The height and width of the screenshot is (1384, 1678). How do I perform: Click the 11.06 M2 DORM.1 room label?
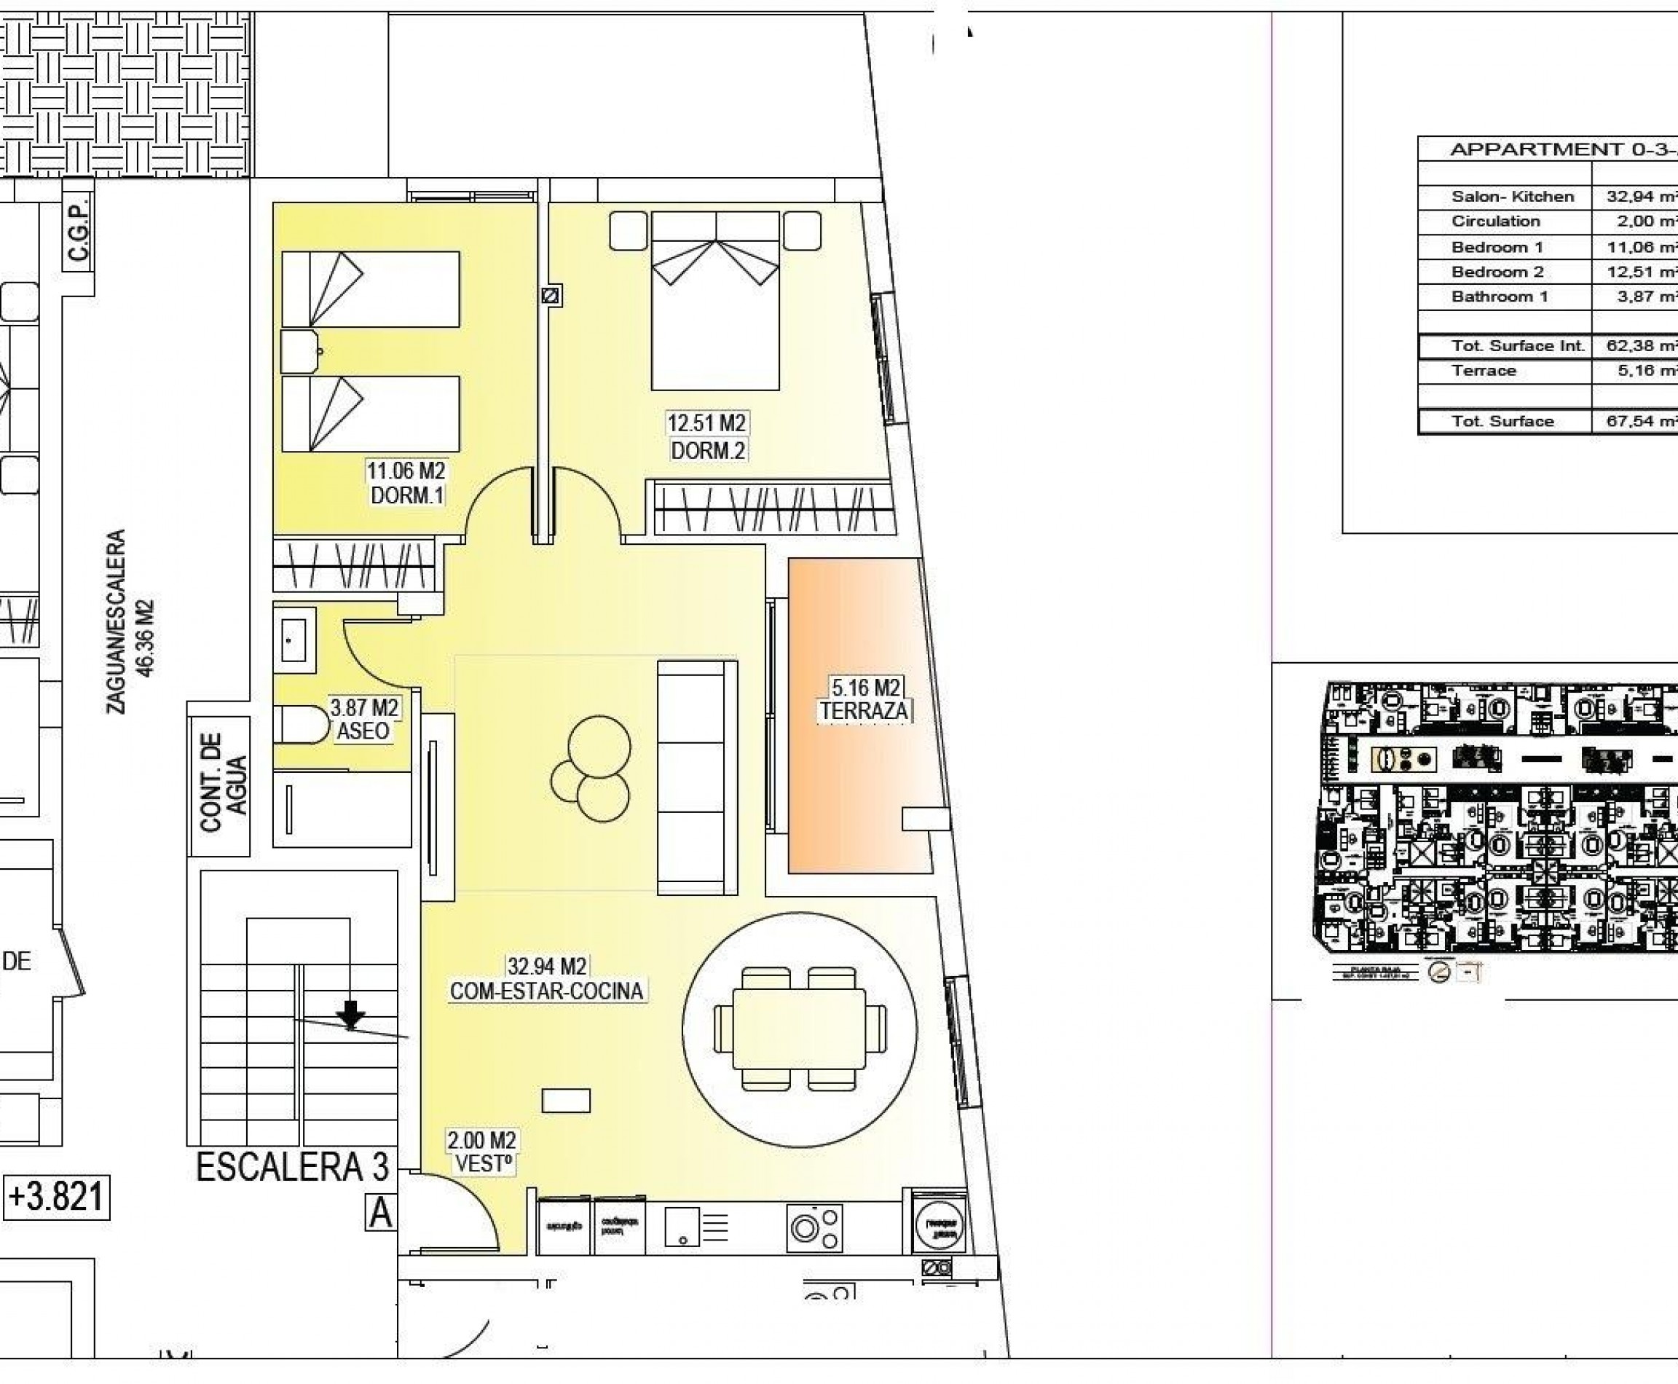(406, 482)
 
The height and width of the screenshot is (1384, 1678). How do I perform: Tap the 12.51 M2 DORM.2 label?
(707, 436)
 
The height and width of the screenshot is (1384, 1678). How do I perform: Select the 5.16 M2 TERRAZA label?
(865, 699)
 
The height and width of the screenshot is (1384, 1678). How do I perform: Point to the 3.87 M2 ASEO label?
(364, 718)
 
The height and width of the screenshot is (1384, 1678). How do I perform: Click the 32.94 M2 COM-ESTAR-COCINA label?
(547, 978)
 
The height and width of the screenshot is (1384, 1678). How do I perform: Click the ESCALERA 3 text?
(292, 1167)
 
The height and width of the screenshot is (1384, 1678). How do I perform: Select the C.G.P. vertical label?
(78, 230)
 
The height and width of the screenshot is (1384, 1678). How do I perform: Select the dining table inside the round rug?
(799, 1029)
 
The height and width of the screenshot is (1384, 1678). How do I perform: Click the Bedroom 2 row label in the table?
(1497, 272)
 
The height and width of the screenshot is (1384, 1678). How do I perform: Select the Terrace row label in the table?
(1484, 371)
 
